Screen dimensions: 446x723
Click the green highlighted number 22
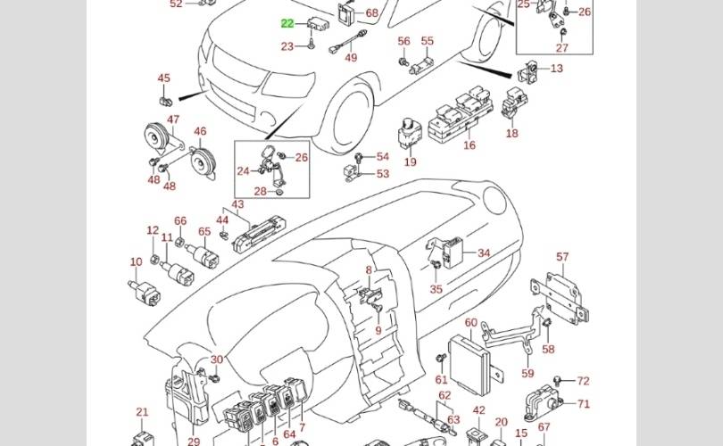[287, 23]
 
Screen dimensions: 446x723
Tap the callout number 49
[351, 58]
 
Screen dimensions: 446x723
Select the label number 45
[163, 78]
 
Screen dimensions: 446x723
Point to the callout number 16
[470, 145]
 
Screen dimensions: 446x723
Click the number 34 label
[484, 253]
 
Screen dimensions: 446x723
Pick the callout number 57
[562, 257]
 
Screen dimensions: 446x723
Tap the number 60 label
[470, 322]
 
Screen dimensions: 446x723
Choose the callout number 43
[237, 205]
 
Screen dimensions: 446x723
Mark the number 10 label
[136, 262]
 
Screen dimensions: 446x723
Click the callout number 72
[584, 381]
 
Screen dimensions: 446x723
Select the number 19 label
[411, 162]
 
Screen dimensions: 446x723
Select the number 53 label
[382, 174]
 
